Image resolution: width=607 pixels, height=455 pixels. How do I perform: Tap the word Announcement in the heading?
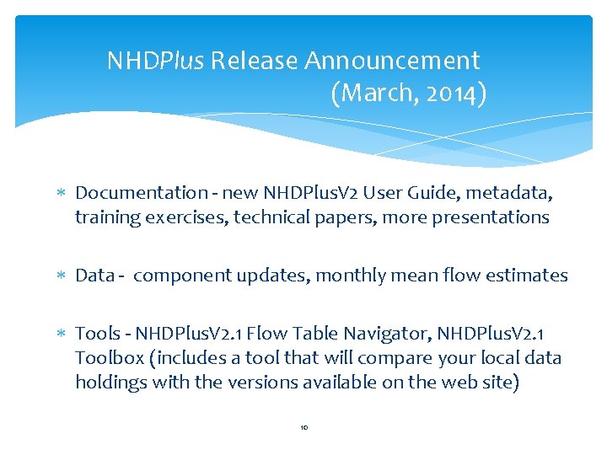[x=392, y=62]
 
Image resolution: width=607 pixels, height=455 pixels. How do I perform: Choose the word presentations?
[x=491, y=217]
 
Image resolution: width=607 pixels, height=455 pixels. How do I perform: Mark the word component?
[x=175, y=276]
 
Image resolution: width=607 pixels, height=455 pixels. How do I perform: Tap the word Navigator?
[x=374, y=335]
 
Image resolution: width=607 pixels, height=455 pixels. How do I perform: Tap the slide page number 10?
[x=303, y=428]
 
